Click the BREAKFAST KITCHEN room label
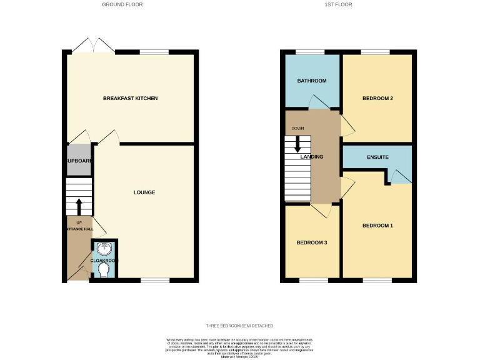tap(131, 99)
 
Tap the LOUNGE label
tap(144, 192)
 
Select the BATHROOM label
tap(311, 81)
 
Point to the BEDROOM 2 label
tap(377, 99)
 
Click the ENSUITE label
tap(377, 157)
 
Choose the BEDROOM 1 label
tap(377, 225)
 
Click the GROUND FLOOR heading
tap(122, 4)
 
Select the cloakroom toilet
tap(104, 269)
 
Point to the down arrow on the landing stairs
tap(297, 143)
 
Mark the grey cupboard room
tap(79, 161)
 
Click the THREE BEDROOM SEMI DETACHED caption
tap(239, 326)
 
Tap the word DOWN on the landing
tap(297, 129)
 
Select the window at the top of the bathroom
tap(306, 51)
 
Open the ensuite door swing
tap(392, 176)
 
